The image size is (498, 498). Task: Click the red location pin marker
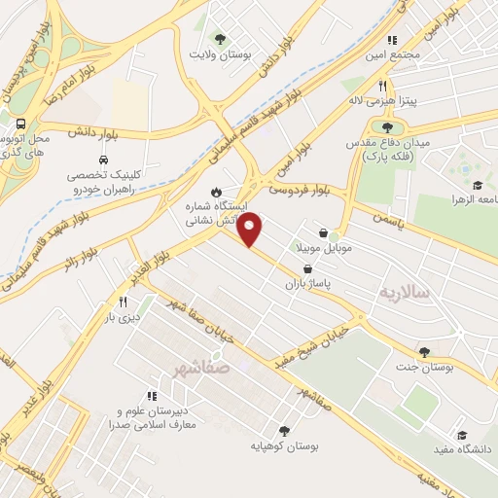tap(251, 230)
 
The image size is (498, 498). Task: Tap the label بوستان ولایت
tap(221, 55)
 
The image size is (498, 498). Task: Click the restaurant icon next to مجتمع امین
tap(393, 40)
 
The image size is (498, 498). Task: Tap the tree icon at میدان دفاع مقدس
tap(387, 127)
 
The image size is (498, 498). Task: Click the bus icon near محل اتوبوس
tap(20, 124)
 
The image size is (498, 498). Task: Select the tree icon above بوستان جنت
tap(423, 351)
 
